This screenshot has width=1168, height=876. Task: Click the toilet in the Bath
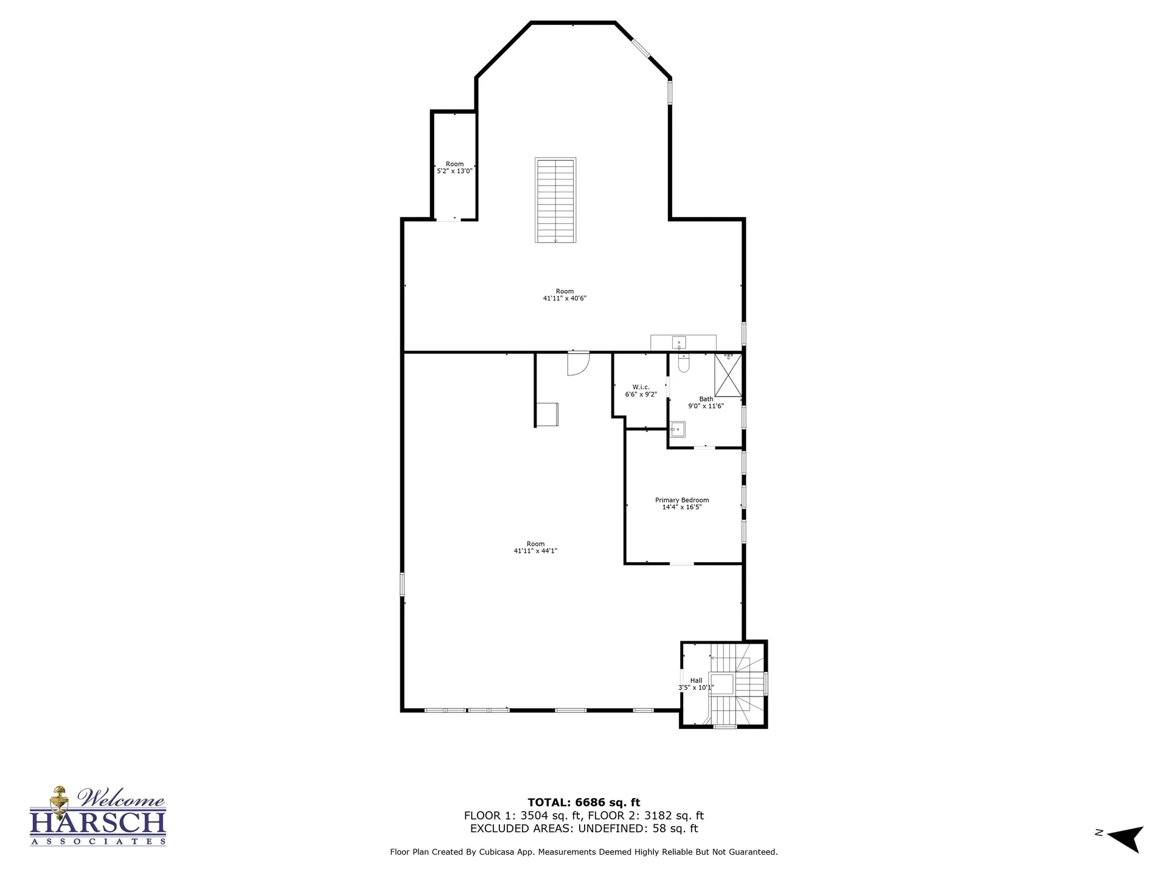tap(683, 363)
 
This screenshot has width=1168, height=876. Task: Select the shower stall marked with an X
tap(728, 375)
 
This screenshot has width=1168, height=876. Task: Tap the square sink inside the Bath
tap(677, 429)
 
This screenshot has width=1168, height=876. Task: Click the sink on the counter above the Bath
tap(679, 342)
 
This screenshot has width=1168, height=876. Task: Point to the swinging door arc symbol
tap(579, 364)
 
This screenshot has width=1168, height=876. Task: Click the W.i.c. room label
tap(641, 387)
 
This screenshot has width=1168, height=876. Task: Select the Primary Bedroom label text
tap(682, 500)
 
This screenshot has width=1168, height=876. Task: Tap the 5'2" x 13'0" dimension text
tap(454, 171)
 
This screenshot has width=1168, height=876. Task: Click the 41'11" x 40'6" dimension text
tap(565, 298)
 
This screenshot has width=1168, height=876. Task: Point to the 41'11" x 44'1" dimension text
tap(535, 551)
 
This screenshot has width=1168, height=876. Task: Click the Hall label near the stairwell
tap(696, 681)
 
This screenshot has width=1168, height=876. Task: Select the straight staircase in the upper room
tap(555, 201)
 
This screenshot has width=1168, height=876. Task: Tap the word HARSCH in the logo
tap(98, 822)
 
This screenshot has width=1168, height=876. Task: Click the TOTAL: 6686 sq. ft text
tap(584, 802)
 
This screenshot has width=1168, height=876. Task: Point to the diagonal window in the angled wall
tap(641, 48)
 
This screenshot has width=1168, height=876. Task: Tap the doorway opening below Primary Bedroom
tap(681, 564)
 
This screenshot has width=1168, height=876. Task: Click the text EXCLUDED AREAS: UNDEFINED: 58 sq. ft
tap(584, 829)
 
